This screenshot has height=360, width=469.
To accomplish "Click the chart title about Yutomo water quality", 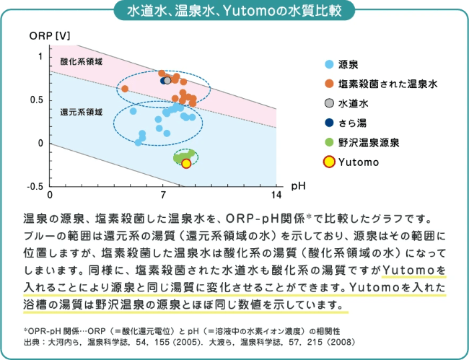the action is coord(234,12).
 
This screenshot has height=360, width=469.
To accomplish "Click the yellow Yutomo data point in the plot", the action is coord(186,164).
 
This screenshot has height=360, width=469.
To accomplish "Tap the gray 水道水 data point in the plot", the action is coord(167,80).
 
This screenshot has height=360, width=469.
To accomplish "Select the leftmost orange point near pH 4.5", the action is coord(125,89).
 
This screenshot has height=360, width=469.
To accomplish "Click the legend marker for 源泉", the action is coord(329,64).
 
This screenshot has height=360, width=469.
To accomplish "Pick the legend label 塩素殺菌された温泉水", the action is coord(388,84).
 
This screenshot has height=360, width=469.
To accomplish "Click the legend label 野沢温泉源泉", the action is coord(369,143).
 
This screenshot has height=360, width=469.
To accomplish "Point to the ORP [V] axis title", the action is coord(50,36).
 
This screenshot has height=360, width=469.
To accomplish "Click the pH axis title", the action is coord(298,186).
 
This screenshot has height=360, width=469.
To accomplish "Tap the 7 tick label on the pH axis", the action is coord(163,196).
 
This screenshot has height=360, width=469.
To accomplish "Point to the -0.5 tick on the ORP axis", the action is coord(37,186).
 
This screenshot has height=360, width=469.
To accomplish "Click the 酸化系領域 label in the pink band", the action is coord(82,61).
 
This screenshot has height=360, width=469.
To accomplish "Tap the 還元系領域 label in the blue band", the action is coord(82,113).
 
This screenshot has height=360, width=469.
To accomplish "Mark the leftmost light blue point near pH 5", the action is coord(133,111).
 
